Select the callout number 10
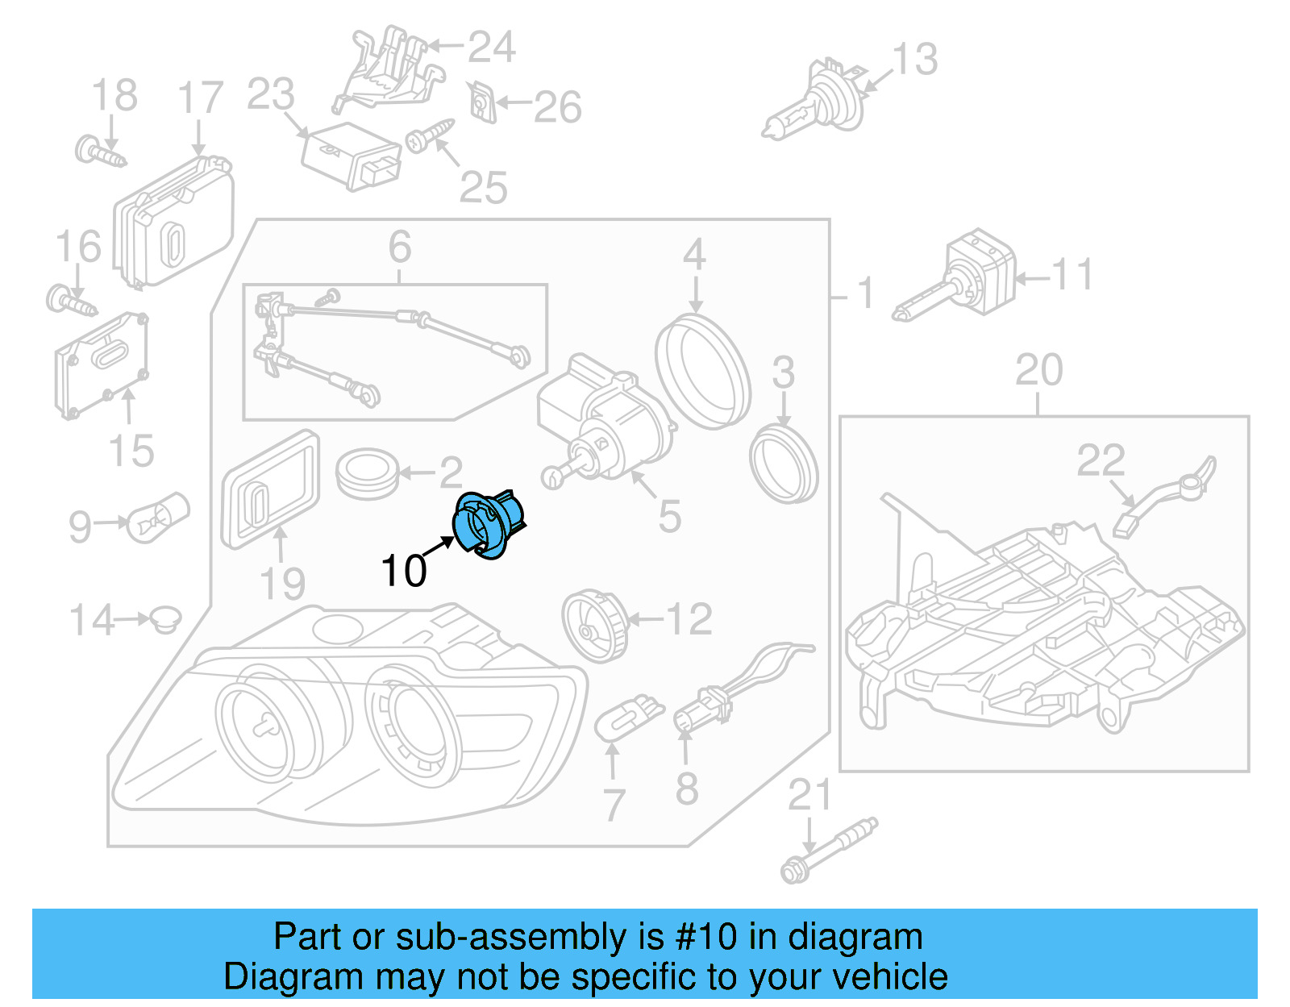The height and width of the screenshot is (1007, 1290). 403,571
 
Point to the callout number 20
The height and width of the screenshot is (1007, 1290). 1038,371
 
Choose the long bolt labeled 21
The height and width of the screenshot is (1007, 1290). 826,851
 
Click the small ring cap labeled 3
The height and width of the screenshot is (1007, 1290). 783,467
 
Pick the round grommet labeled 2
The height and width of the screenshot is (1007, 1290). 367,474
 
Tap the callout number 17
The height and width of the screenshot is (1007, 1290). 199,98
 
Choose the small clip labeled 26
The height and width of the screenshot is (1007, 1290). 482,102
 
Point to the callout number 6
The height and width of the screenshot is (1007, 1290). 400,247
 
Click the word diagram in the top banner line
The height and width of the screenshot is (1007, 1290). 855,937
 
